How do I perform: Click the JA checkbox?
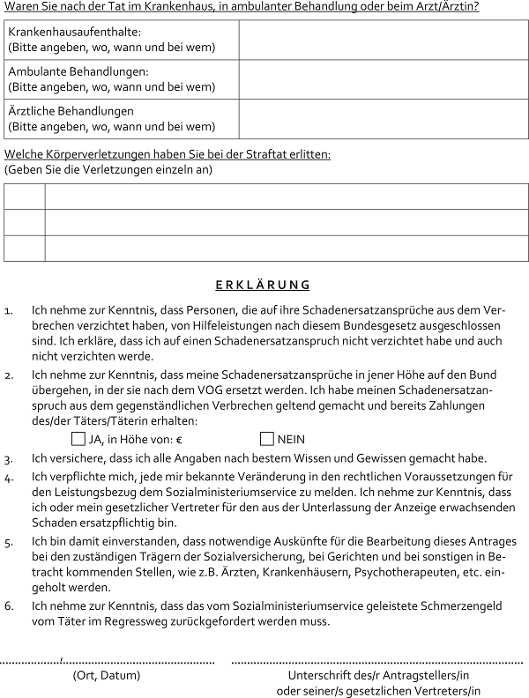tap(78, 438)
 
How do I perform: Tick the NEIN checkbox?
tap(267, 438)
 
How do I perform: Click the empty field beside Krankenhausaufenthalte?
tap(384, 40)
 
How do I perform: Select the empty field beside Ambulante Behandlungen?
tap(384, 78)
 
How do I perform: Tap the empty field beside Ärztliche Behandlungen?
tap(384, 119)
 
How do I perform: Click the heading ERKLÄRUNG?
tap(264, 286)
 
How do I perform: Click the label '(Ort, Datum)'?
tap(106, 675)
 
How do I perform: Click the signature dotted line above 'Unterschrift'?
tap(377, 660)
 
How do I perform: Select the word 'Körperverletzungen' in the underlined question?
tap(93, 154)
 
